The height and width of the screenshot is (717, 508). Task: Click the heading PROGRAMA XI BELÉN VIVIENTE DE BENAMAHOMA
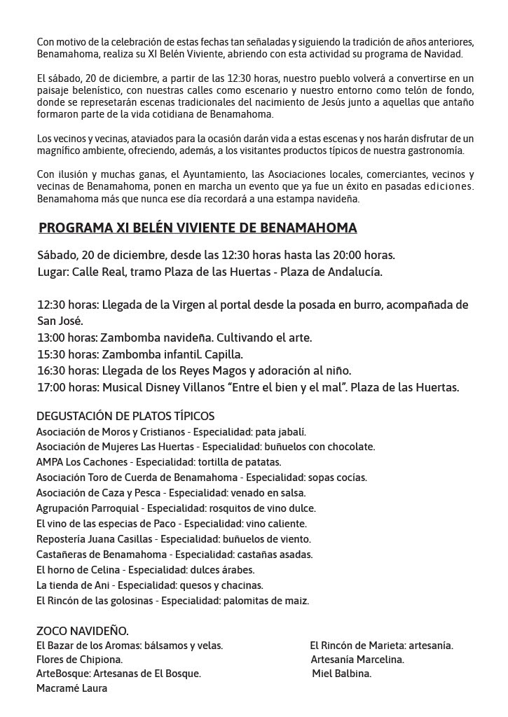(x=198, y=228)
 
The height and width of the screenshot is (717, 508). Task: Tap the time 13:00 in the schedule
(x=50, y=337)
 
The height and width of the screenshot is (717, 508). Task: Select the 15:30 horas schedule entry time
(x=50, y=354)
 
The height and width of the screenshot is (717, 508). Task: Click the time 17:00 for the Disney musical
(x=50, y=387)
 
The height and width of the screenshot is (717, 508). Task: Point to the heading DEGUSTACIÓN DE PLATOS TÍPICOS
(x=125, y=417)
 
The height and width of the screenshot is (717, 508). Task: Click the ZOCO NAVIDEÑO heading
(x=82, y=631)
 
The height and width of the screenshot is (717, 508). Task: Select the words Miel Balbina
(x=342, y=674)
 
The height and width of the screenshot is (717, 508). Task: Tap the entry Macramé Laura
(x=71, y=688)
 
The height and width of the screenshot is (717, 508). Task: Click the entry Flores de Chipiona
(x=79, y=660)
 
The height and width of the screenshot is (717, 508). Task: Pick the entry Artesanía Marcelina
(x=357, y=660)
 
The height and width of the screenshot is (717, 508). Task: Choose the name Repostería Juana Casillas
(x=95, y=539)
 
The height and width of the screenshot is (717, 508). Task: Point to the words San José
(x=60, y=321)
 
